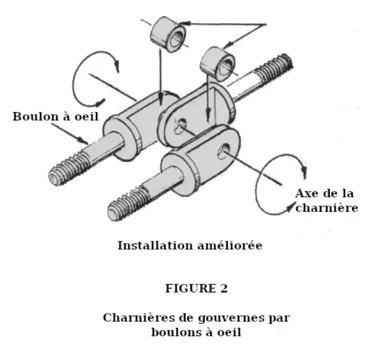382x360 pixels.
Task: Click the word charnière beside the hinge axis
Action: [x=326, y=208]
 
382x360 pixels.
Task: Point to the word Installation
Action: [x=155, y=245]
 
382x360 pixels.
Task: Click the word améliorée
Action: [x=230, y=245]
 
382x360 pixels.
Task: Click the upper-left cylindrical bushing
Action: [x=168, y=33]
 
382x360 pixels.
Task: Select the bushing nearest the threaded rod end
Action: [x=217, y=64]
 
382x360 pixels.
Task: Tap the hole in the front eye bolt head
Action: [x=224, y=152]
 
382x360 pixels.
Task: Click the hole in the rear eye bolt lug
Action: [x=180, y=126]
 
